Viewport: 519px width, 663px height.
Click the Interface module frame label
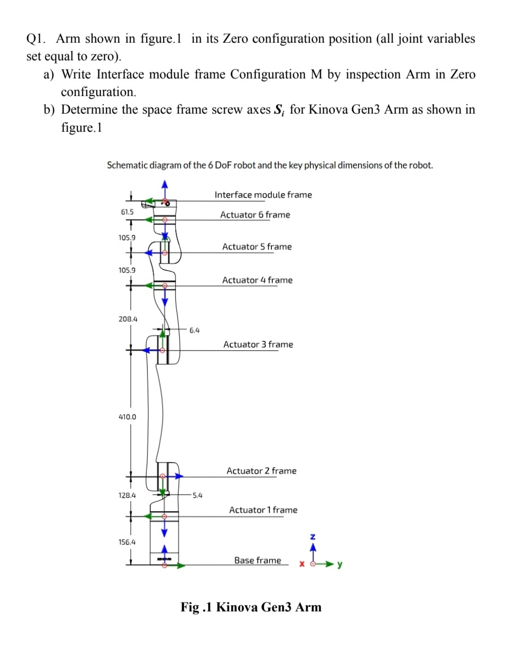tap(263, 195)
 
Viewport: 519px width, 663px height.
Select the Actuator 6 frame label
tap(255, 215)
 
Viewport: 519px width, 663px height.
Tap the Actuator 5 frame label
tap(257, 247)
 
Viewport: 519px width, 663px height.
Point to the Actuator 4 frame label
tap(257, 280)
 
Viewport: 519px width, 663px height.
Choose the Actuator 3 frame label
tap(258, 344)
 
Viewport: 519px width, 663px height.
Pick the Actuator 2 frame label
tap(261, 471)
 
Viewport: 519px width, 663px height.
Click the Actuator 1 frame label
tap(263, 510)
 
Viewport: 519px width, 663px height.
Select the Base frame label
tap(257, 560)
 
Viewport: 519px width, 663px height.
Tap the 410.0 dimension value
tap(127, 417)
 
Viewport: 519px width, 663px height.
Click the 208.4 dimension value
tap(127, 319)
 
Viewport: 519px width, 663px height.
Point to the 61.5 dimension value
tap(127, 212)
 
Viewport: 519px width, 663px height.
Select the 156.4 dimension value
tap(127, 542)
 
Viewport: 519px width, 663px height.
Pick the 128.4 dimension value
tap(127, 495)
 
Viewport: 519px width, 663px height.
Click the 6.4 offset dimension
tap(194, 330)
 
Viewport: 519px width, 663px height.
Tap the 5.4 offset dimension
tap(197, 495)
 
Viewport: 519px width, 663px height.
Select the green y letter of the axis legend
tap(340, 564)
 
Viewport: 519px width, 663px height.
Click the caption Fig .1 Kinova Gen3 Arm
tap(251, 607)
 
